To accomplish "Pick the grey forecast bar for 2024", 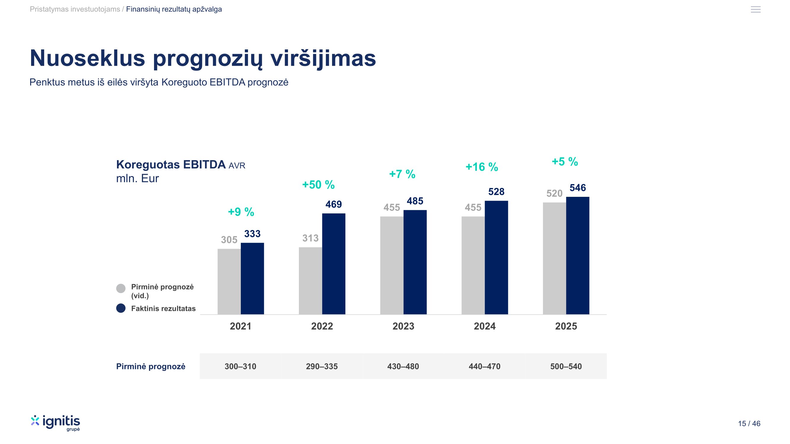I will pyautogui.click(x=473, y=265).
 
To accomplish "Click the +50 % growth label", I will pyautogui.click(x=318, y=185).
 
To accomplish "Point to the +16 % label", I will pyautogui.click(x=481, y=167).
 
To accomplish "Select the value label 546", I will pyautogui.click(x=578, y=188).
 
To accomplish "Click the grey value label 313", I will pyautogui.click(x=310, y=238).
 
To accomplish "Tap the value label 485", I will pyautogui.click(x=415, y=201).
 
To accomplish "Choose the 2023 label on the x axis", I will pyautogui.click(x=403, y=326).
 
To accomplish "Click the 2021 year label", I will pyautogui.click(x=241, y=326).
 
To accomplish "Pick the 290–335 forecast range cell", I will pyautogui.click(x=322, y=366).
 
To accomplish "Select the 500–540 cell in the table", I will pyautogui.click(x=566, y=366).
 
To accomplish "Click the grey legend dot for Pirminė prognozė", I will pyautogui.click(x=121, y=288).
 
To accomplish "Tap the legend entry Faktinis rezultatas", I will pyautogui.click(x=163, y=308).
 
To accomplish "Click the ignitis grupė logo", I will pyautogui.click(x=55, y=423).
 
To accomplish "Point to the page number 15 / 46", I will pyautogui.click(x=749, y=424).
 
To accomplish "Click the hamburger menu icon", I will pyautogui.click(x=756, y=9).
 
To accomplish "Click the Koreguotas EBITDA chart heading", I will pyautogui.click(x=171, y=165).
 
